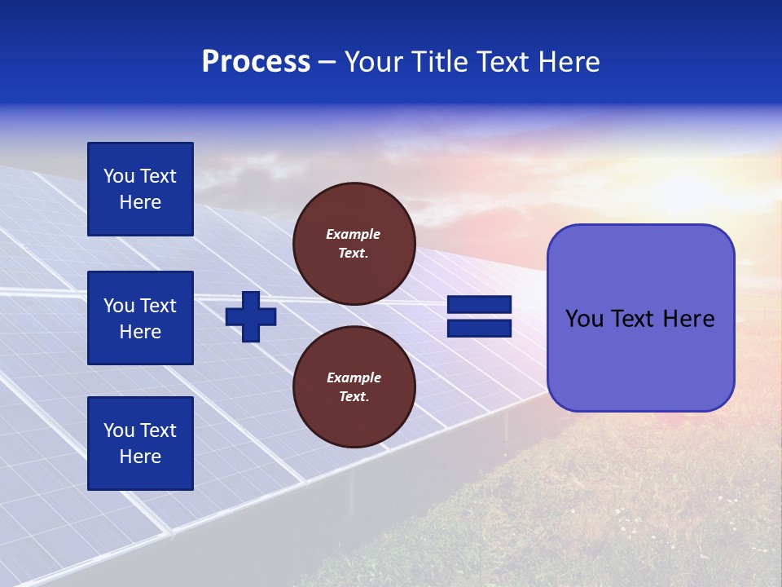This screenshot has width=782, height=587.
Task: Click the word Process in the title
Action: [256, 62]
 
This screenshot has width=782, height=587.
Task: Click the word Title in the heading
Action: [440, 62]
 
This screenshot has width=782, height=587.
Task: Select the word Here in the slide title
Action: [568, 62]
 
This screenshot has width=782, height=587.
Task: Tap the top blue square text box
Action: [140, 189]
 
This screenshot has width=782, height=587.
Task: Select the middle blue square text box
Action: [140, 318]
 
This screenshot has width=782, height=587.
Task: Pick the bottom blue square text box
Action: [140, 443]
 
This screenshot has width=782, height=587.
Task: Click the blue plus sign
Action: [251, 316]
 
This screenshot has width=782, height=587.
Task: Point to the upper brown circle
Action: [354, 244]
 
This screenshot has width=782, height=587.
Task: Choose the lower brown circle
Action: [354, 387]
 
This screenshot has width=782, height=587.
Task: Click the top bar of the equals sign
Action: [479, 305]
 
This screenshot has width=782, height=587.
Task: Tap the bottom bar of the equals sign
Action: [479, 328]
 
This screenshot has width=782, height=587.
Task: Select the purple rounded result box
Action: [640, 318]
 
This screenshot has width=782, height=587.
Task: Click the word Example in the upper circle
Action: [354, 234]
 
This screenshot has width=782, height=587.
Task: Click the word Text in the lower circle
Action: [353, 397]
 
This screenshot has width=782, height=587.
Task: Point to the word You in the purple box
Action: [584, 319]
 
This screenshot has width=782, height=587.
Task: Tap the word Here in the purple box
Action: [688, 319]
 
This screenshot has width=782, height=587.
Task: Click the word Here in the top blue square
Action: [140, 202]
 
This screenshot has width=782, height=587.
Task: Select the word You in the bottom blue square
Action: [119, 430]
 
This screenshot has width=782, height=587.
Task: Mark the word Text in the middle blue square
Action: [158, 306]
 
